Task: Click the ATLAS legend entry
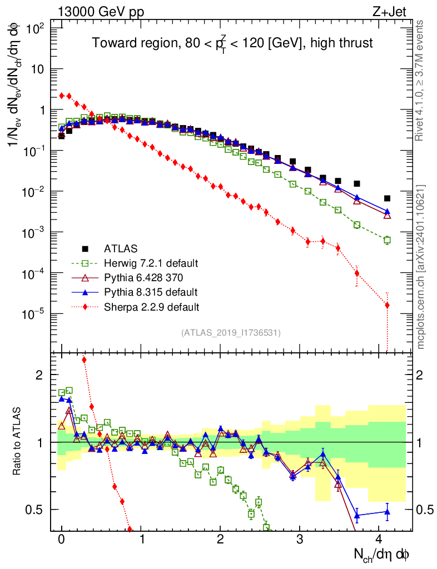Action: pyautogui.click(x=120, y=248)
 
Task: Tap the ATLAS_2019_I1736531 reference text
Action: pyautogui.click(x=231, y=333)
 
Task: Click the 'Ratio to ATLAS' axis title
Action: pyautogui.click(x=18, y=439)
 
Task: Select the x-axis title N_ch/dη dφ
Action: pyautogui.click(x=383, y=554)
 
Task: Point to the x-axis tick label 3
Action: pyautogui.click(x=300, y=539)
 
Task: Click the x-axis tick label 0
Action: pyautogui.click(x=61, y=539)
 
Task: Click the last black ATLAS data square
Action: pyautogui.click(x=387, y=198)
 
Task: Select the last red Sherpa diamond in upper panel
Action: pyautogui.click(x=387, y=305)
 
